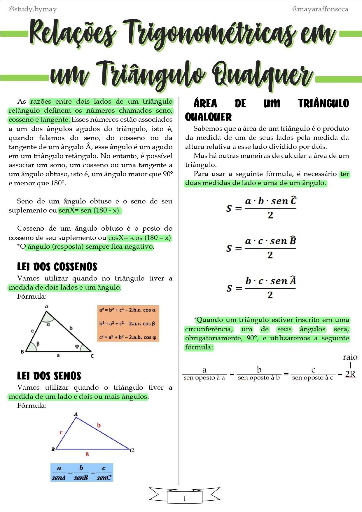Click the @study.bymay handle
point(33,9)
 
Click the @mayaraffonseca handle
point(320,9)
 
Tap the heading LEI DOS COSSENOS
point(57,267)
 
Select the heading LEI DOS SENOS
point(49,376)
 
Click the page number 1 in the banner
point(184,498)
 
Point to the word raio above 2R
point(350,357)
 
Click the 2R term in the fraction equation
point(350,374)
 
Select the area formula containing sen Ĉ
point(261,208)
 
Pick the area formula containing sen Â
point(261,288)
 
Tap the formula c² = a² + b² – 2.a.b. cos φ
point(128,337)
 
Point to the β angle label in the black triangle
point(38,344)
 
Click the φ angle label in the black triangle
point(77,346)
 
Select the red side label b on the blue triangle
point(99,425)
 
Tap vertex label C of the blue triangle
point(132,450)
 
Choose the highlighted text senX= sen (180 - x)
point(90,210)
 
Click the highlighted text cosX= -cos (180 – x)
point(139,238)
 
